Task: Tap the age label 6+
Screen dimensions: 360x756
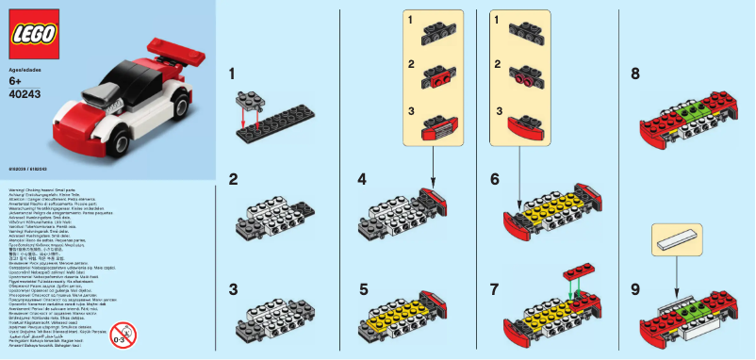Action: pyautogui.click(x=16, y=82)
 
